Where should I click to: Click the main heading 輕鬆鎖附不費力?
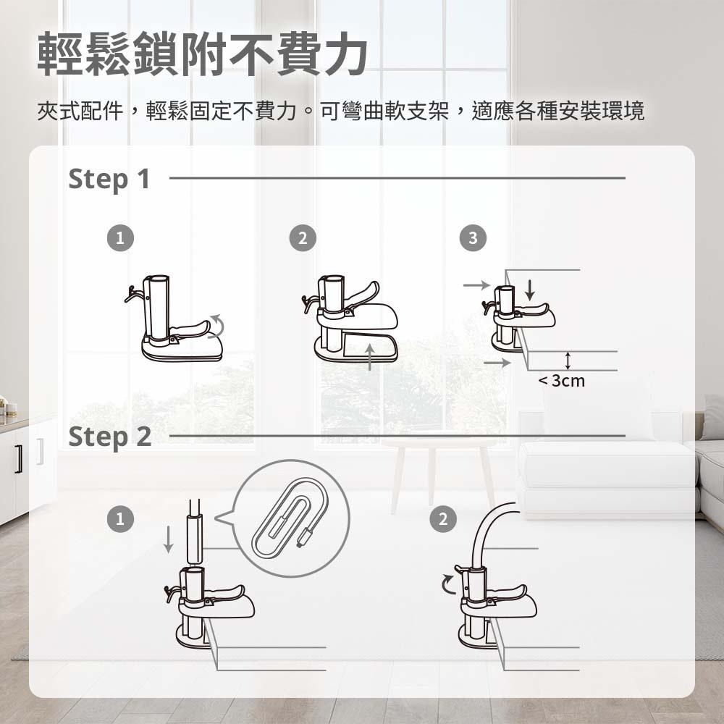tap(202, 55)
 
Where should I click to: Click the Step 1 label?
tap(109, 179)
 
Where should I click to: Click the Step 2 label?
tap(109, 437)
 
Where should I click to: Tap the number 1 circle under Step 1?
tap(121, 237)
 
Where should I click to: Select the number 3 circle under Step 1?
tap(472, 237)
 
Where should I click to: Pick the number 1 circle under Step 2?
tap(121, 518)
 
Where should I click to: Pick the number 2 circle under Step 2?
tap(443, 518)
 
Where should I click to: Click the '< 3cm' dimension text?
tap(561, 381)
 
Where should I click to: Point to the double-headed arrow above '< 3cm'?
tap(568, 360)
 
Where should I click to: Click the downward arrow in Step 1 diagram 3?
tap(530, 290)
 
